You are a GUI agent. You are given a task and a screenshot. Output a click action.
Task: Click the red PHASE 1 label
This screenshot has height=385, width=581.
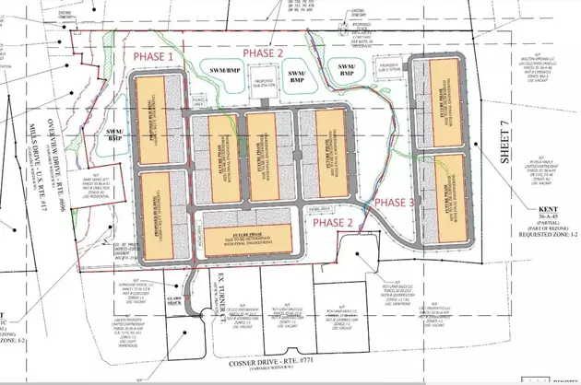154,57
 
